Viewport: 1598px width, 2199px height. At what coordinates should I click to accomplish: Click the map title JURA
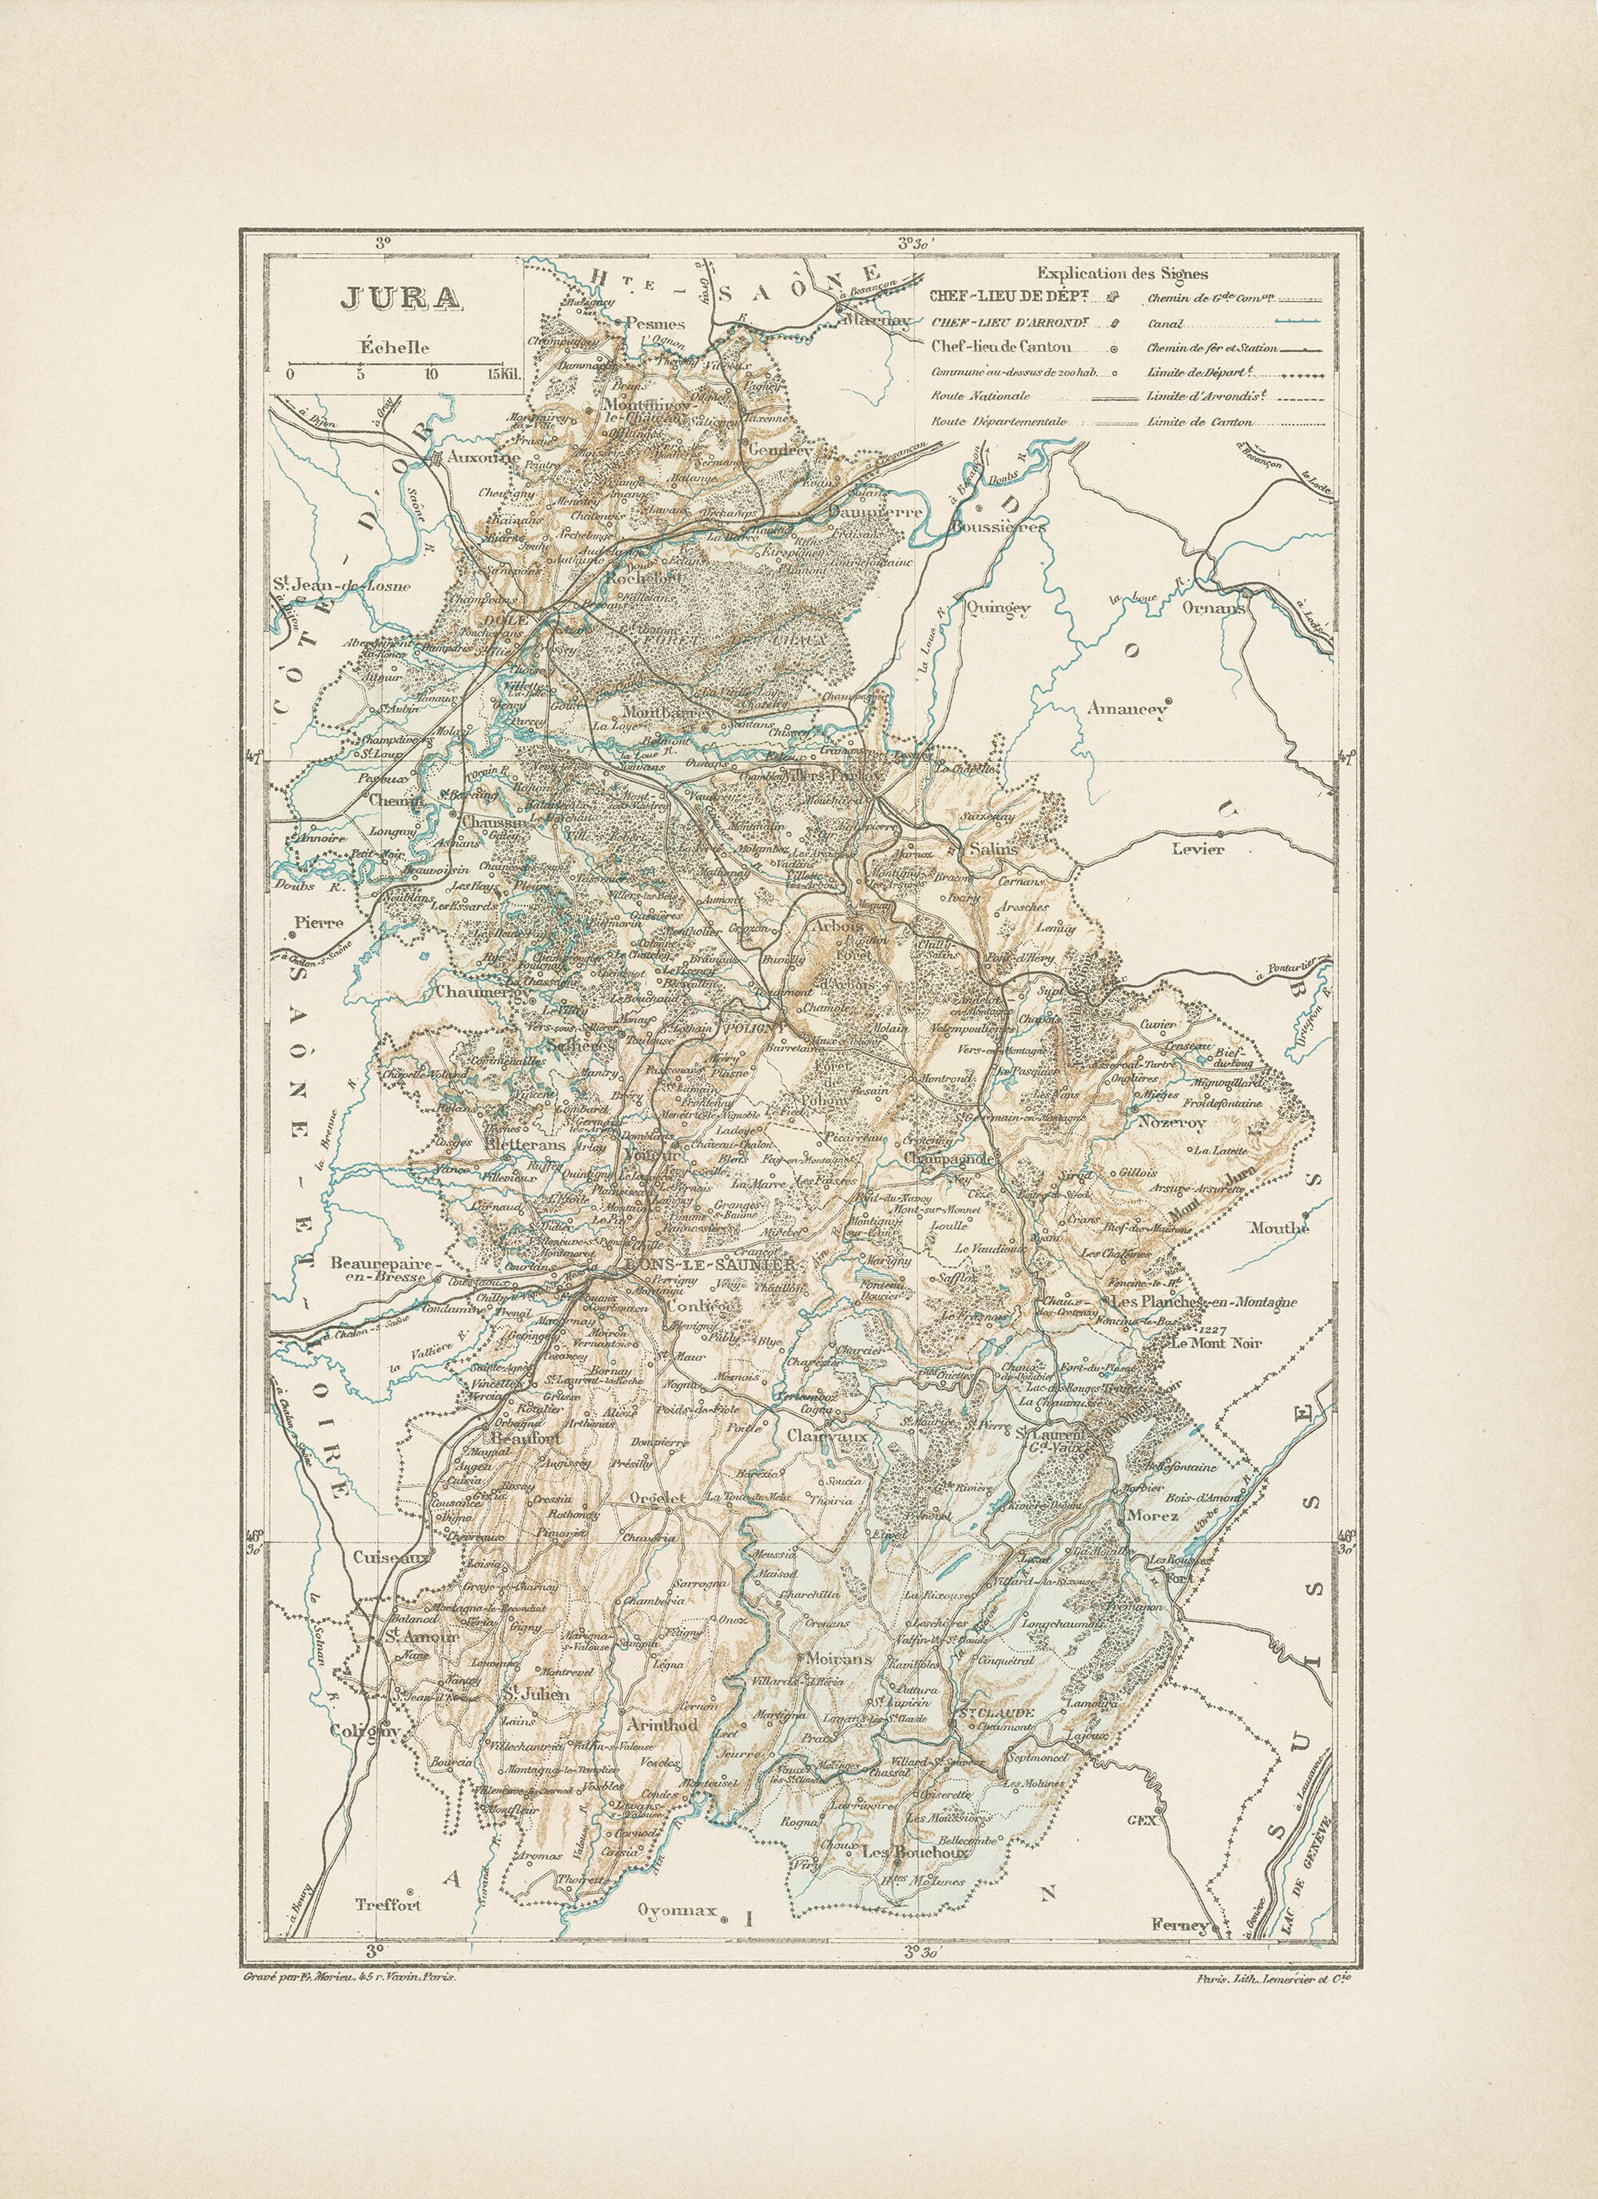pyautogui.click(x=399, y=298)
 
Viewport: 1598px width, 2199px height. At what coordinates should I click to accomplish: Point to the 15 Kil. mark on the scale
pyautogui.click(x=505, y=375)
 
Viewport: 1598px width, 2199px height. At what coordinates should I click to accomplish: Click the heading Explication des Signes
pyautogui.click(x=1122, y=275)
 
